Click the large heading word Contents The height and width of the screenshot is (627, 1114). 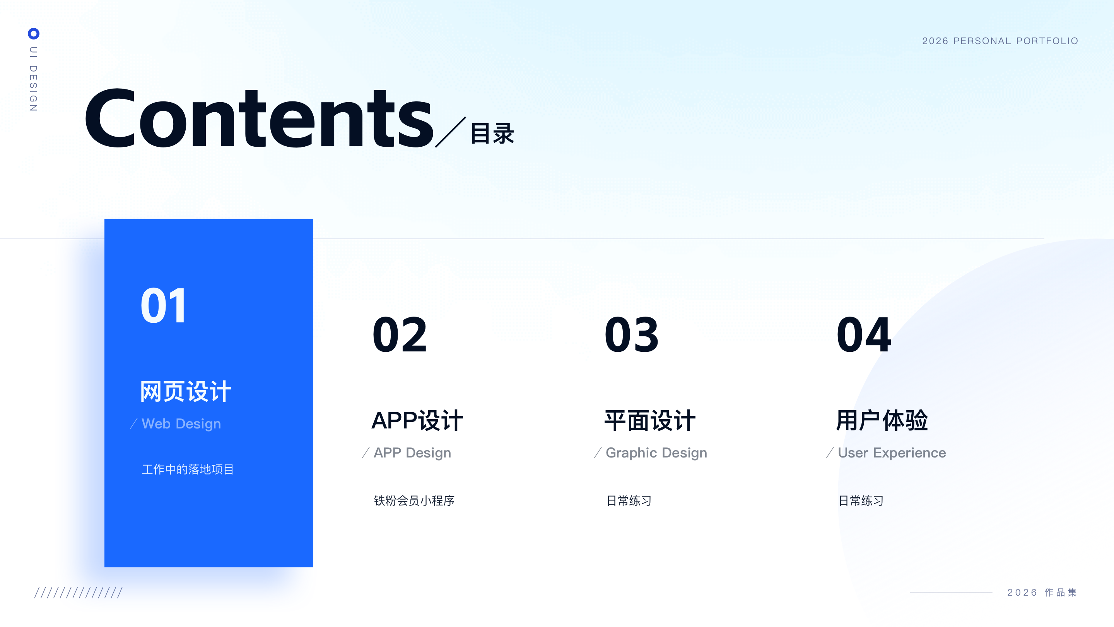259,118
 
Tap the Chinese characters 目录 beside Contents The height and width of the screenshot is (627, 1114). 492,133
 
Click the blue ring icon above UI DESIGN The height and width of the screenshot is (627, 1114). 33,33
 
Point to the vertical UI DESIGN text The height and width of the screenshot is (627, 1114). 33,79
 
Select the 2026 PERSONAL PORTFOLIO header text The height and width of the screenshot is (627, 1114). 1000,41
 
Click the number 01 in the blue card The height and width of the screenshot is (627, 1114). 164,305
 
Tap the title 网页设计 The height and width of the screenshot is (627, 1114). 186,391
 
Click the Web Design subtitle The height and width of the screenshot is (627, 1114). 181,424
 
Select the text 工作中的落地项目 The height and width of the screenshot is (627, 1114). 188,469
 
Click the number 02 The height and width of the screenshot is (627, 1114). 400,334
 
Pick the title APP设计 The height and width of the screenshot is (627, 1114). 417,420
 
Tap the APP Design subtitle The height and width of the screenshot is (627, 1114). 412,452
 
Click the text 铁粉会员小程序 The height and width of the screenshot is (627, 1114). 414,501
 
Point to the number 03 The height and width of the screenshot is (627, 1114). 631,334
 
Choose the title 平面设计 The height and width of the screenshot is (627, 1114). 650,420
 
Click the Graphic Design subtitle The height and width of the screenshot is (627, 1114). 656,452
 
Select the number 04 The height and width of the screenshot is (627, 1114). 864,334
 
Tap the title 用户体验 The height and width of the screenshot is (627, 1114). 882,420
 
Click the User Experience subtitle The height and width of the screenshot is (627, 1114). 892,452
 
